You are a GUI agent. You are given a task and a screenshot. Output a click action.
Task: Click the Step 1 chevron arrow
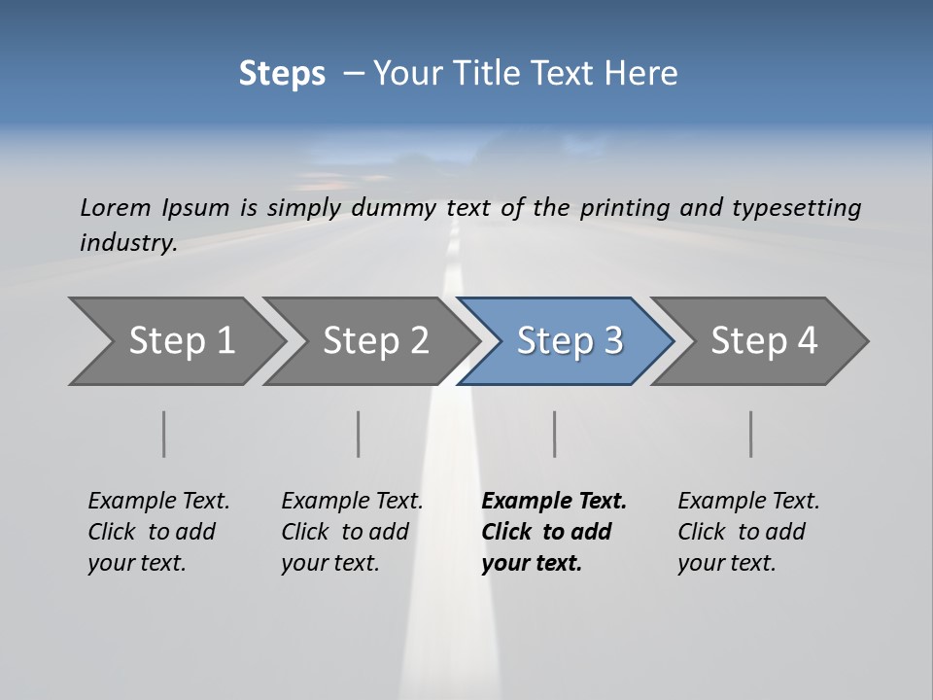[175, 341]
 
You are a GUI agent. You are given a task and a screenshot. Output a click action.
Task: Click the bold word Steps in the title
[282, 74]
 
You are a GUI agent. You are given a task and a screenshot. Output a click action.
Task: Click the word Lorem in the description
[116, 208]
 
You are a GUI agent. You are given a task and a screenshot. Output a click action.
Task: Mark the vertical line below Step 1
[164, 434]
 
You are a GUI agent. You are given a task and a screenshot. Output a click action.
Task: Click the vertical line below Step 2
[359, 434]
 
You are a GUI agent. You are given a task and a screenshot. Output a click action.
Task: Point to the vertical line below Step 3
[554, 434]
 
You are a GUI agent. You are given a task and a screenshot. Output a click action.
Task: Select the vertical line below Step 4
[750, 434]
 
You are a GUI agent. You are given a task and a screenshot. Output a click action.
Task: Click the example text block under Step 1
[158, 532]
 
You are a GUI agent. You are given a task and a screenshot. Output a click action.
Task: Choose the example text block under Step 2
[352, 532]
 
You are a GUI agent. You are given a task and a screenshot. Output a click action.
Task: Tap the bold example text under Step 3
[554, 532]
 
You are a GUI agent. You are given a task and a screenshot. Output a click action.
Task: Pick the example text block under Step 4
[748, 532]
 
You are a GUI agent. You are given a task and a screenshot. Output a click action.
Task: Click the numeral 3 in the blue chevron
[612, 341]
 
